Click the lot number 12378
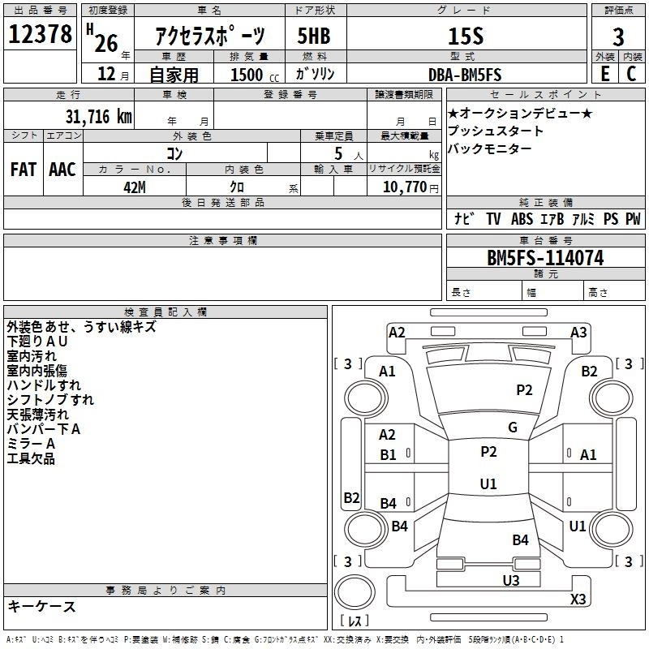[41, 36]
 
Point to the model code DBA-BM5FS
[465, 75]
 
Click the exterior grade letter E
[604, 74]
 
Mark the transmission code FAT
[23, 169]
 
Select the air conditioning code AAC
[62, 169]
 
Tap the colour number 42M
[135, 187]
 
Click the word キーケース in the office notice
[41, 606]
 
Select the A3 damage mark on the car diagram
[578, 332]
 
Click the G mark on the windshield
[513, 427]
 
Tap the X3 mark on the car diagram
[578, 599]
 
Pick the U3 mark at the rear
[511, 579]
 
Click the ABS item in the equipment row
[522, 219]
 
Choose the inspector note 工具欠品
[31, 458]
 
